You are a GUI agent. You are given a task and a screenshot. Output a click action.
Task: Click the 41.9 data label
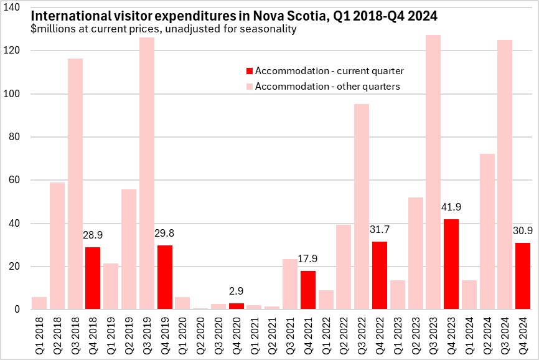452,207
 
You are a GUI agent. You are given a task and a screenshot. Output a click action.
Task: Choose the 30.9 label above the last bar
524,230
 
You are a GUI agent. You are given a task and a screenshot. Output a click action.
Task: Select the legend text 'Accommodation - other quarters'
327,86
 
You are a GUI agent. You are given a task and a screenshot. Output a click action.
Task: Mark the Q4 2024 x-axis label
524,334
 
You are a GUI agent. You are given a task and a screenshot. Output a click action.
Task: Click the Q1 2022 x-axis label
326,334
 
